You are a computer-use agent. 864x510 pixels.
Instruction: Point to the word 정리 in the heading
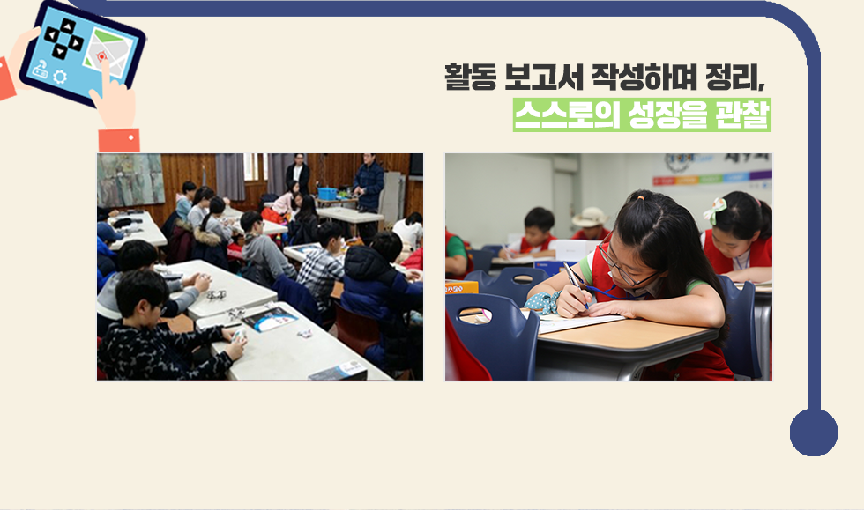tap(733, 77)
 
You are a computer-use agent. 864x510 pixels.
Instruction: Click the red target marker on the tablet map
tap(101, 56)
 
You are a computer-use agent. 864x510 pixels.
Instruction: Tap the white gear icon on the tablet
tap(60, 77)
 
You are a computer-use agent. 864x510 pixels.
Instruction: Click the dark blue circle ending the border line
tap(813, 432)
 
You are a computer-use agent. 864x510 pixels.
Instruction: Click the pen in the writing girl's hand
tap(575, 284)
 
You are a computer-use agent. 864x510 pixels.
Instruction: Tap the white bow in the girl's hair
tap(715, 211)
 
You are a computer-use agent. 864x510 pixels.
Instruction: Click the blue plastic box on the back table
tap(327, 193)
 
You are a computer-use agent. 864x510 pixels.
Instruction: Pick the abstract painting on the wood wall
tap(130, 180)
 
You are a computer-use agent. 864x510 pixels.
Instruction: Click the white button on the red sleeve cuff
tap(131, 137)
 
